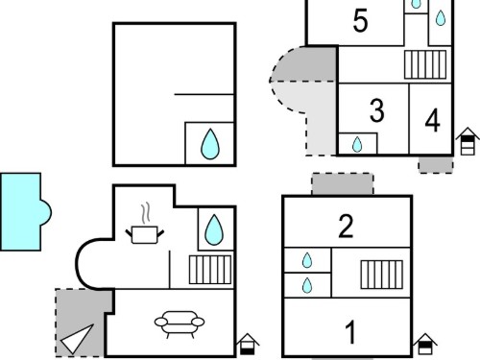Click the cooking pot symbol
click(x=145, y=228)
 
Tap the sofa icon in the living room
click(x=180, y=324)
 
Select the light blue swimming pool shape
click(x=25, y=211)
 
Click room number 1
click(x=350, y=332)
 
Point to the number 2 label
click(x=346, y=227)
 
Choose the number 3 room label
click(x=376, y=110)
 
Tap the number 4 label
click(x=432, y=120)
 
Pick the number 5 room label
click(x=360, y=20)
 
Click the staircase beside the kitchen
click(x=210, y=270)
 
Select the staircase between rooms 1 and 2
click(x=382, y=275)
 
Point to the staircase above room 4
click(x=425, y=64)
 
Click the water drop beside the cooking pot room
click(x=214, y=229)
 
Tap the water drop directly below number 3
click(x=357, y=144)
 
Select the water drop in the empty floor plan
click(x=210, y=144)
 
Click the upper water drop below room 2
click(x=307, y=260)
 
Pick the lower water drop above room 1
click(x=307, y=285)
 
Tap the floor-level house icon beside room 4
click(x=468, y=141)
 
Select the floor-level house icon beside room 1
click(x=425, y=345)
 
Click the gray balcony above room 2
click(x=343, y=183)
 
